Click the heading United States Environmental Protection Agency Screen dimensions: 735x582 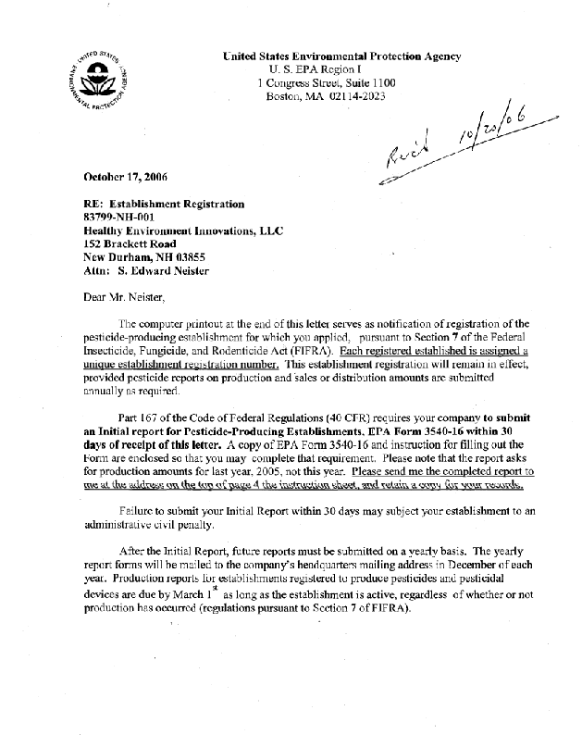click(342, 56)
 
